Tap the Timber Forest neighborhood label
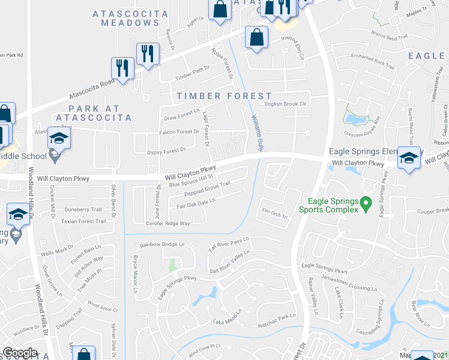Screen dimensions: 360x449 click(x=224, y=96)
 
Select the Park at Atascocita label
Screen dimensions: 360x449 click(x=100, y=113)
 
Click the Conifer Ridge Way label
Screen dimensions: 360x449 click(x=167, y=223)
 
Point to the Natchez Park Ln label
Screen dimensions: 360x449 click(x=277, y=316)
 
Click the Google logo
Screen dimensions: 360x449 click(x=20, y=353)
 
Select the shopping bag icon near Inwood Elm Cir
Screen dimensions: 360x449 click(x=256, y=37)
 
